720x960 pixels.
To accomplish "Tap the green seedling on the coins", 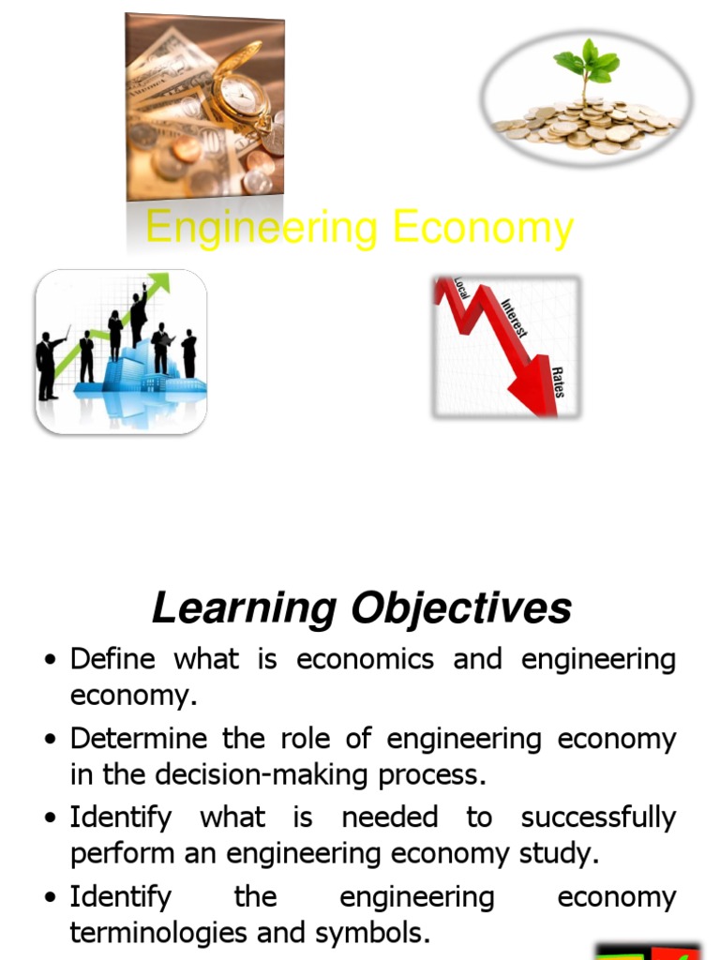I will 586,66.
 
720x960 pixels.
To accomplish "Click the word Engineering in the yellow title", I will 262,228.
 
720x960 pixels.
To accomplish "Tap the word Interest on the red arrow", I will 515,318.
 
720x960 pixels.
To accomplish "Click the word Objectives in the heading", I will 461,608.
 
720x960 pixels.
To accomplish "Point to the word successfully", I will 598,817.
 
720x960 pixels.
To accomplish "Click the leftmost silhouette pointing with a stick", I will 47,366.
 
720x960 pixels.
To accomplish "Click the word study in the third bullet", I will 559,854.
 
